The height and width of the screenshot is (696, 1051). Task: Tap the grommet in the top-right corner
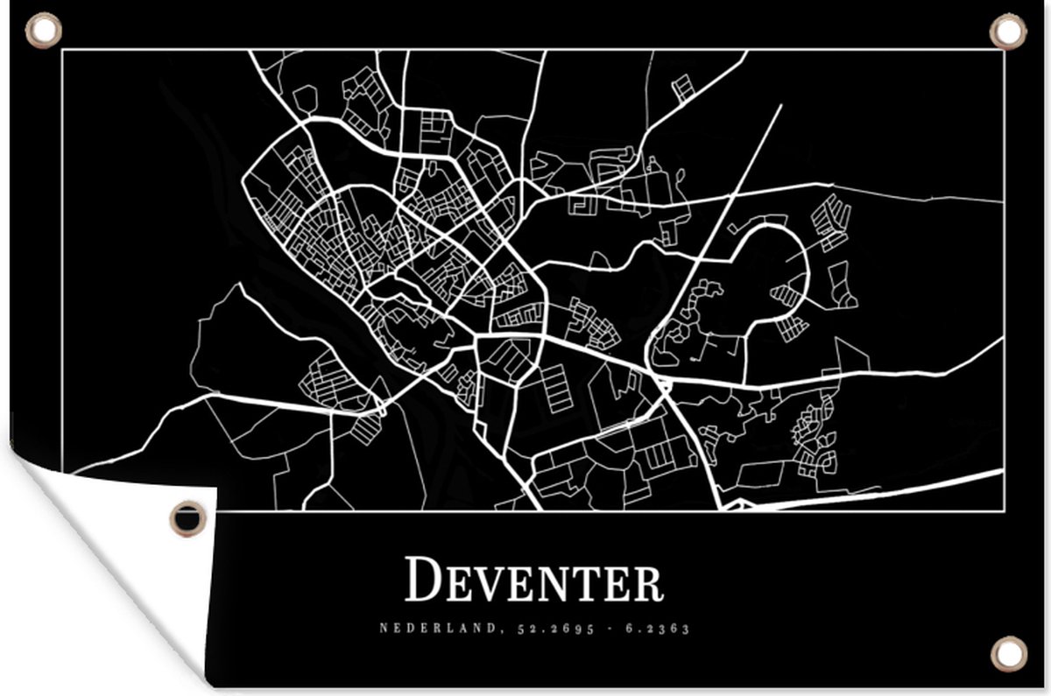click(1007, 32)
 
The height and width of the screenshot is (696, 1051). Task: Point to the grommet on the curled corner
click(188, 517)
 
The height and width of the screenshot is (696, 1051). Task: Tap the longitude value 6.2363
click(660, 628)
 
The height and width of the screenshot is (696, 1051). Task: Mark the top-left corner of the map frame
click(62, 51)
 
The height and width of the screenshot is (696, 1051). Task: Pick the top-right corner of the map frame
click(1003, 51)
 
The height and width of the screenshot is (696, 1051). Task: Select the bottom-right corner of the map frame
click(1003, 509)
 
